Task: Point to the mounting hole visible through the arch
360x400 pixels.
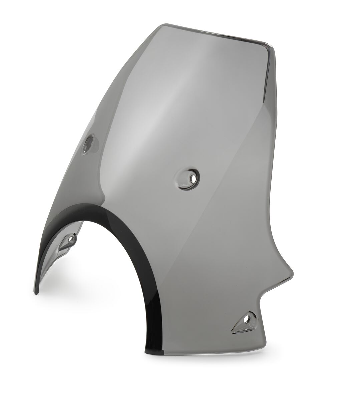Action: [x=71, y=239]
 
